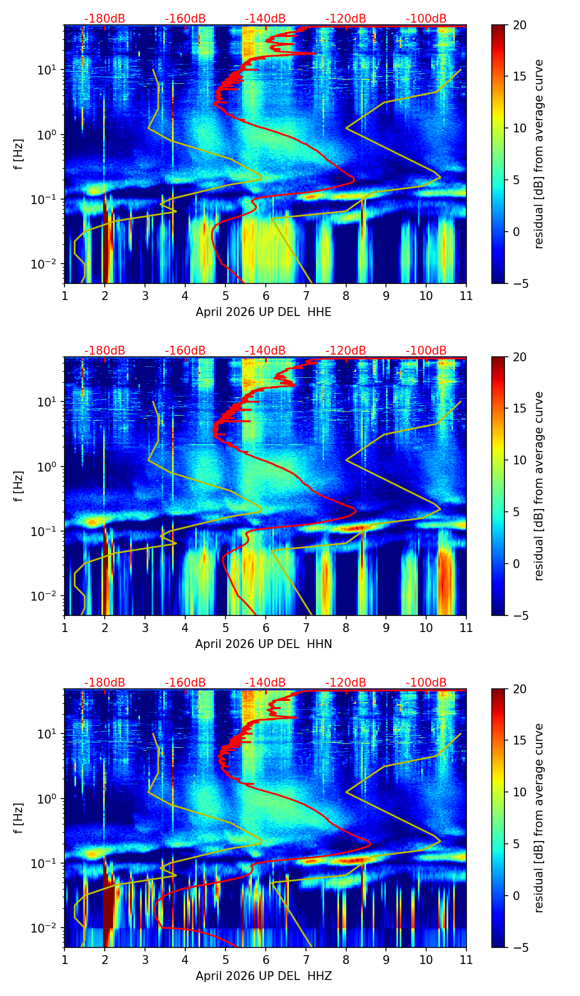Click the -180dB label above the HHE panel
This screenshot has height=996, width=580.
click(x=105, y=19)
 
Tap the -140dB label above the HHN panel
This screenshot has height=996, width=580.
click(x=265, y=351)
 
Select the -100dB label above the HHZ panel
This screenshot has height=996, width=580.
click(x=426, y=683)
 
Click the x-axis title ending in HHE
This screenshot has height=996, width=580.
click(x=264, y=312)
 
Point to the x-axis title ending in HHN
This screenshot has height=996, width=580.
click(x=264, y=644)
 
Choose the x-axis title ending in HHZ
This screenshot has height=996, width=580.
click(x=264, y=976)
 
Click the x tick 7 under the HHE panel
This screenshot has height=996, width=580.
click(x=306, y=296)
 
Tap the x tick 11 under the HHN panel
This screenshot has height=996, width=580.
click(x=466, y=628)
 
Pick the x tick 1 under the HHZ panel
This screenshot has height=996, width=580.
click(x=65, y=960)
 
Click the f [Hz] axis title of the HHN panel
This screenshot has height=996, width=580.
click(x=19, y=486)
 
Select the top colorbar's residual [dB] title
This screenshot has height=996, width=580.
click(x=539, y=154)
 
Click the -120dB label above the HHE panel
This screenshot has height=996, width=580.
click(x=346, y=19)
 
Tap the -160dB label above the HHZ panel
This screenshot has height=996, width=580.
click(x=185, y=683)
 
